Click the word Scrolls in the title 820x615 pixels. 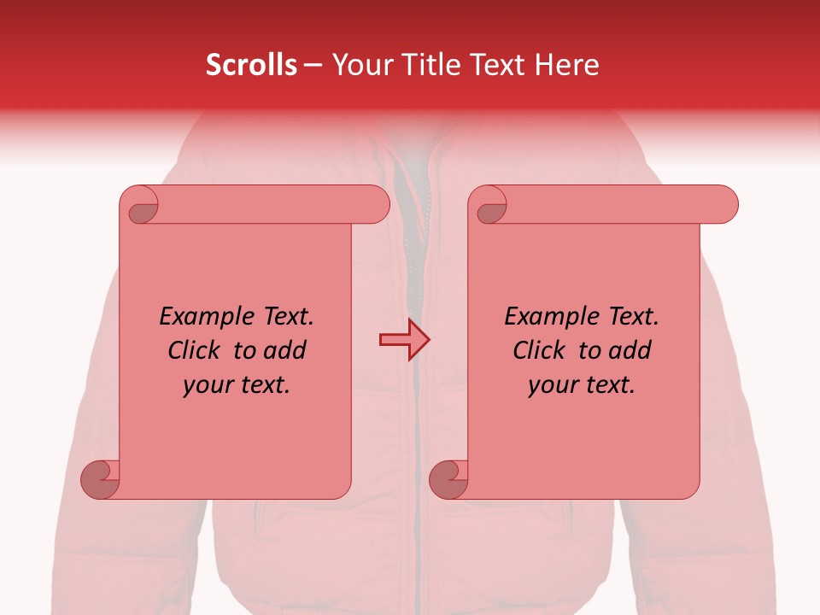point(252,65)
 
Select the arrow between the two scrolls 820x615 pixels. point(404,340)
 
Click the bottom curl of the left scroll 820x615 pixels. point(101,478)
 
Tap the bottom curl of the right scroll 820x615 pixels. point(449,478)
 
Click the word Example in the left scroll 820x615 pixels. point(202,317)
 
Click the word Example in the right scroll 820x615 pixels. point(547,317)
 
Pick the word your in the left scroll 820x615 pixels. point(207,385)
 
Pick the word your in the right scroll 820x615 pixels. point(552,385)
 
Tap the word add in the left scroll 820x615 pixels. point(286,350)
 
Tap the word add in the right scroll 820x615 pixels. point(631,350)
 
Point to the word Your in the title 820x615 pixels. point(360,65)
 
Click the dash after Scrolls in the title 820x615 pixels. point(313,65)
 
